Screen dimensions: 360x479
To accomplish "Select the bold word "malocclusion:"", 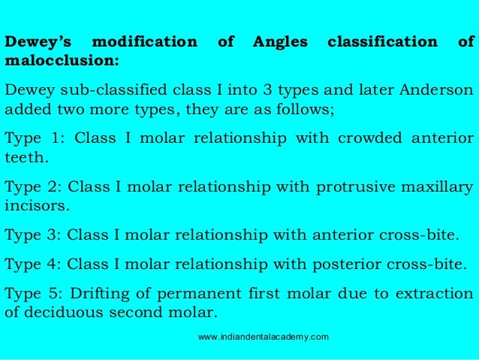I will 62,58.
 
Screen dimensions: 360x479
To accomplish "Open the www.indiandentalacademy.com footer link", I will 263,336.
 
